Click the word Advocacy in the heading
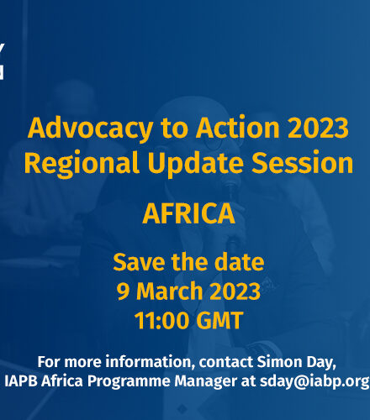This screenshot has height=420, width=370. click(91, 129)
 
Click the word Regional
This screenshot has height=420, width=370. click(82, 163)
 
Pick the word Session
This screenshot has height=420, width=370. click(302, 163)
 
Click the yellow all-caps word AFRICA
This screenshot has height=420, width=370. click(188, 213)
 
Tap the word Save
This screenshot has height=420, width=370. click(139, 262)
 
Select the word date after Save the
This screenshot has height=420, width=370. click(239, 261)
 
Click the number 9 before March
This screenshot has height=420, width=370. click(123, 291)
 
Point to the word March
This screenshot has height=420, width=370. click(169, 291)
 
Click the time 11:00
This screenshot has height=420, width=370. click(162, 321)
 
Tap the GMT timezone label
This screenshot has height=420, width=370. click(219, 321)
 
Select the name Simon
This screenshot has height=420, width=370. click(280, 361)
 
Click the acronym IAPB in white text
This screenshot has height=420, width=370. click(21, 381)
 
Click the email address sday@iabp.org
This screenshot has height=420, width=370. click(314, 381)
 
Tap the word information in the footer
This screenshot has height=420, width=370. click(151, 362)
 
